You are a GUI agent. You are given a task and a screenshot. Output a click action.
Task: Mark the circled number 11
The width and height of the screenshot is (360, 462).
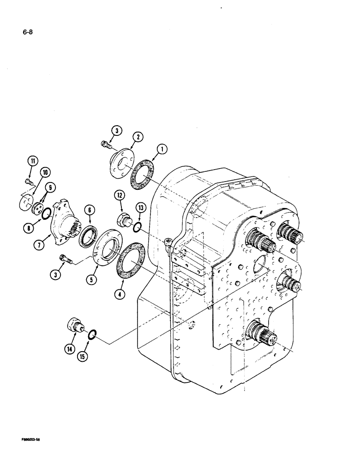(32, 161)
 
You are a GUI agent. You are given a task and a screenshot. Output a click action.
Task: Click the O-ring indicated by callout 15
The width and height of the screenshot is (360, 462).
(92, 334)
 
